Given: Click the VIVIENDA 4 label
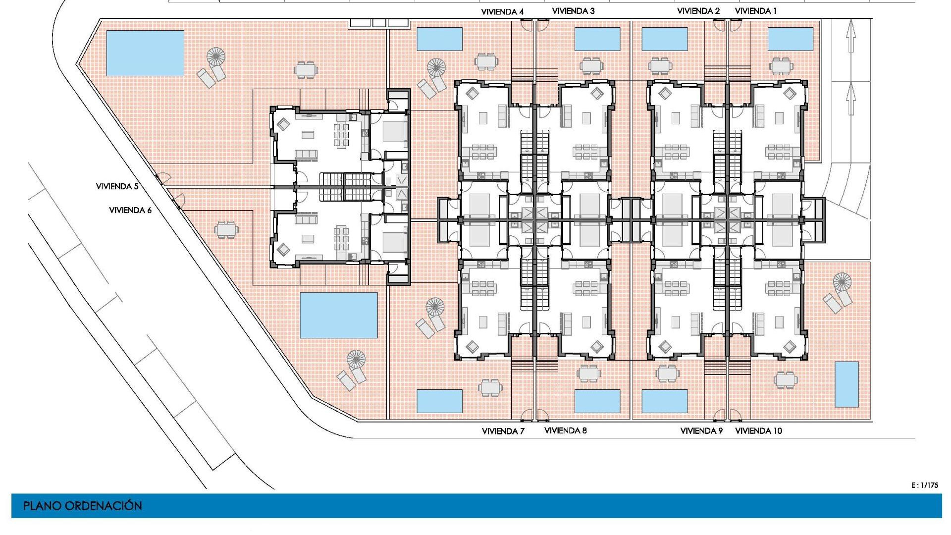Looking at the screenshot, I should point(502,11).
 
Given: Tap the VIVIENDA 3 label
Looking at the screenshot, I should point(573,11).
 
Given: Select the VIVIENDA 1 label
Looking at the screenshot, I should point(756,11).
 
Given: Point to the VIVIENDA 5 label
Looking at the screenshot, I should point(117,186).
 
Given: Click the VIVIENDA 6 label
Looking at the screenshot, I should point(130,210).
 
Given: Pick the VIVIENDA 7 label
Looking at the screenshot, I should point(503,431).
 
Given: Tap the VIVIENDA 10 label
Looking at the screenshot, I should point(758,430).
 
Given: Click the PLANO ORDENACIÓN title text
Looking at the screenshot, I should point(83,506).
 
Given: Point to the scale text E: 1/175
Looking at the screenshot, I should point(924,485).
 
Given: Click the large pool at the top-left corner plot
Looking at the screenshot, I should point(145,53).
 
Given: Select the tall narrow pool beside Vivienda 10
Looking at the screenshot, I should point(846,384).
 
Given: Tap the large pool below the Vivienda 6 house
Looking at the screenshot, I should point(339,315).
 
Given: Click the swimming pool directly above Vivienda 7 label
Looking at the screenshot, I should point(439,401).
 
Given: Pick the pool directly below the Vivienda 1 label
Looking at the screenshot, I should point(790,39).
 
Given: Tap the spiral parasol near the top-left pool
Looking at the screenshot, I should point(216,56).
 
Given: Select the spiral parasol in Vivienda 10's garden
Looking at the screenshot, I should point(842,282).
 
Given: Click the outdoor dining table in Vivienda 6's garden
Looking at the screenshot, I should point(226,230).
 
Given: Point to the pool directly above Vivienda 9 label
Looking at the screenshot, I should point(664,401).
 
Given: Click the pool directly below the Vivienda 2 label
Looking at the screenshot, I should point(664,39).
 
